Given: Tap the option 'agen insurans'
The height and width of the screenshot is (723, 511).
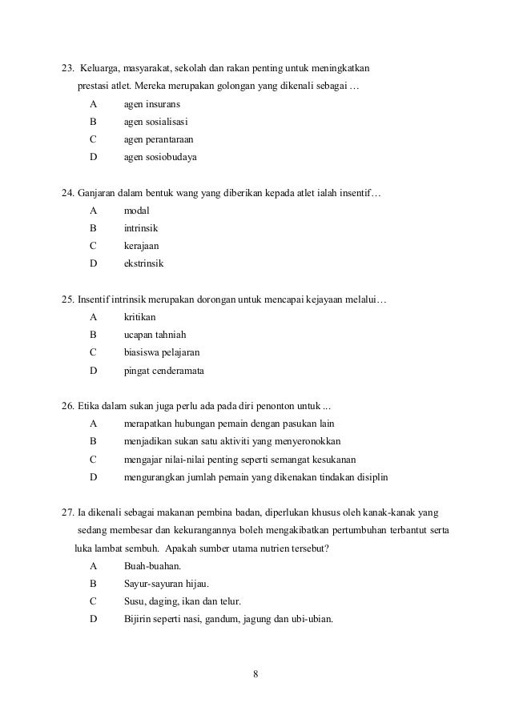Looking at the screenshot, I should pos(151,104).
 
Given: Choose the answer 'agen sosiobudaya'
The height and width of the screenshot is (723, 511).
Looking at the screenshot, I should pos(159,157).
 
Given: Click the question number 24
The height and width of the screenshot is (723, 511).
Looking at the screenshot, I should pos(68,193).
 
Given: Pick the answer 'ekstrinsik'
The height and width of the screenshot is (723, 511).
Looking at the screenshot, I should pos(147,263).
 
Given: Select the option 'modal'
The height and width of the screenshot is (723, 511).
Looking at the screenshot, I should pos(137,211).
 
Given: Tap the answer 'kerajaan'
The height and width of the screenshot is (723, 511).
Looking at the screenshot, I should pos(143,246).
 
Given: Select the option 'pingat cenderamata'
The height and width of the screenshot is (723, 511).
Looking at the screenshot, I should pos(163,370).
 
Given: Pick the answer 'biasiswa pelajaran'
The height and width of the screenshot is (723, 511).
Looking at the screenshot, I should pos(162,352).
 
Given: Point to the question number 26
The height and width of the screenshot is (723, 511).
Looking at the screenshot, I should pos(68,406).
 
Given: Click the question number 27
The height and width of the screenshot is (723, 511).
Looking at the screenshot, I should pos(68,512).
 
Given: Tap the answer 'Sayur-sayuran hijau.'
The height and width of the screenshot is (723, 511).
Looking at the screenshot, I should pos(166,583).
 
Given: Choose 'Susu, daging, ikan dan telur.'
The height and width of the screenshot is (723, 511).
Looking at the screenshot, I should pos(183,600).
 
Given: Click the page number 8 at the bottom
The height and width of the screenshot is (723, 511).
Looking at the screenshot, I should pos(255,673).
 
